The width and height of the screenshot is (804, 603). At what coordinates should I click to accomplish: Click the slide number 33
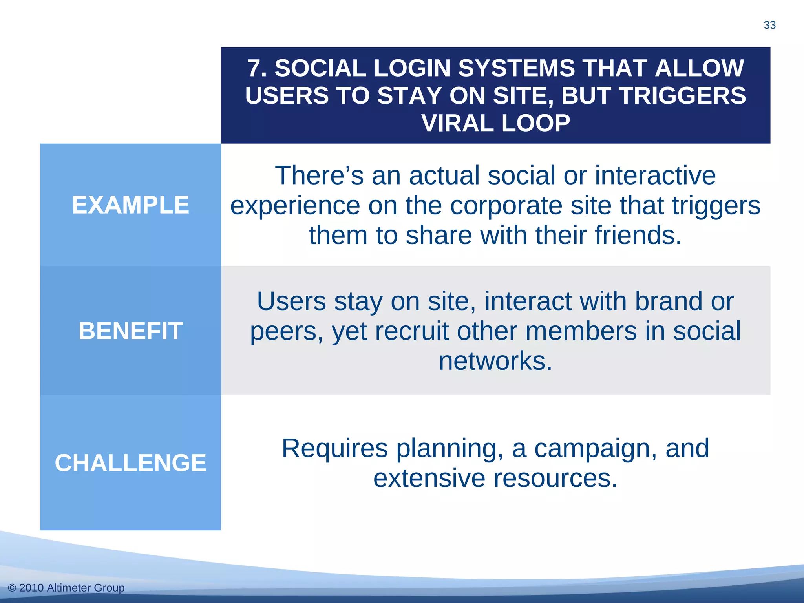click(x=769, y=25)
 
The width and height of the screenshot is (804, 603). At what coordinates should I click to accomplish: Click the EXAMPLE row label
click(x=130, y=205)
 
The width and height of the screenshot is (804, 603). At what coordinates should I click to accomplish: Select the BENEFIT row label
click(x=130, y=331)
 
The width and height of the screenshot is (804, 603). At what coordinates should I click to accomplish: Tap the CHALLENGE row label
click(x=130, y=462)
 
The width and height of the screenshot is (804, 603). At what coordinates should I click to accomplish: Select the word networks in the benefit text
click(x=495, y=361)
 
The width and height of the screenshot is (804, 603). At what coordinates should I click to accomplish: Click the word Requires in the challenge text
click(x=334, y=448)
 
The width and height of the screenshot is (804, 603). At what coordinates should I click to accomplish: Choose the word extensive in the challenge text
click(x=429, y=478)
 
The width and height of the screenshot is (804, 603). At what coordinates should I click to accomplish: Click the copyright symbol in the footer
click(x=12, y=588)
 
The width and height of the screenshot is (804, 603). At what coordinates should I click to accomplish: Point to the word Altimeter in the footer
click(x=69, y=588)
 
